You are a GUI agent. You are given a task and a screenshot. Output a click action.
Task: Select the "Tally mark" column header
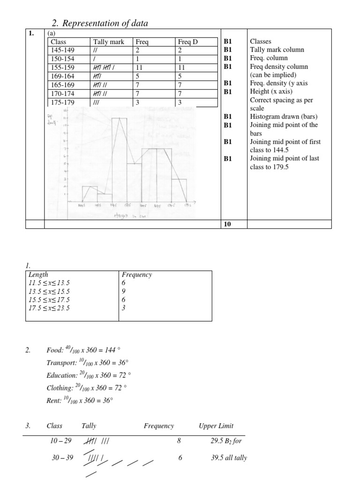pos(109,42)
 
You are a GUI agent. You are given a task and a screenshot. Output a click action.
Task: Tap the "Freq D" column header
pos(188,42)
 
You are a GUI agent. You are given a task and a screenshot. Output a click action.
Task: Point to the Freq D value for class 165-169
pos(180,85)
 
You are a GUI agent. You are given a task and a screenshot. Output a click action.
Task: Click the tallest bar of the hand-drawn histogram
pos(119,159)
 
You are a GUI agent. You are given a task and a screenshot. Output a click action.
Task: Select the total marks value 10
pos(228,224)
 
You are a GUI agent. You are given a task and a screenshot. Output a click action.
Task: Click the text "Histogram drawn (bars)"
pos(284,117)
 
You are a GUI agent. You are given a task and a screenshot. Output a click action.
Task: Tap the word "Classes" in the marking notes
pos(261,42)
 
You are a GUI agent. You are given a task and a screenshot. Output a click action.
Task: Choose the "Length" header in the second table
pos(38,275)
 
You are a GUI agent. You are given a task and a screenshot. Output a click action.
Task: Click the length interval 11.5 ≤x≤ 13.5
pos(49,283)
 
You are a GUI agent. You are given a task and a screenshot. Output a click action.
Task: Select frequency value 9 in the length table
pos(124,292)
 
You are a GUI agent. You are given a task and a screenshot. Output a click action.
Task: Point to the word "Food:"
pos(55,350)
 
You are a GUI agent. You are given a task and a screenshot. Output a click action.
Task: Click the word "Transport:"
pos(61,363)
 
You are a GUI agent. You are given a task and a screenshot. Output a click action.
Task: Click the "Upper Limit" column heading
pos(216,426)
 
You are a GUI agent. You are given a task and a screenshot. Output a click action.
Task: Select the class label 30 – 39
pos(62,458)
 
